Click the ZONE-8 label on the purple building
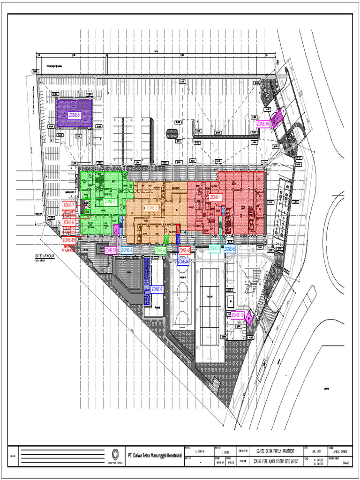coord(74,114)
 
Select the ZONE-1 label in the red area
coord(216,197)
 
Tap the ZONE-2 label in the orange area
coord(152,208)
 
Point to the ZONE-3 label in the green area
coord(110,202)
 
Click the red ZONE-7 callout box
coord(68,205)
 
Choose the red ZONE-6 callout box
coord(68,223)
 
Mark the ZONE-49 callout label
coord(68,240)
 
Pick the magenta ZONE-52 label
coord(111,250)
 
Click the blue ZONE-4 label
coord(127,250)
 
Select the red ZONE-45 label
coord(185,250)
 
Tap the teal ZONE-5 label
coord(215,249)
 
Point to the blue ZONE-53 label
coord(230,249)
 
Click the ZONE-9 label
coord(157,289)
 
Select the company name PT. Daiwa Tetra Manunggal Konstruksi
coord(155,455)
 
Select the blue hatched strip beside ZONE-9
coord(147,281)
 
